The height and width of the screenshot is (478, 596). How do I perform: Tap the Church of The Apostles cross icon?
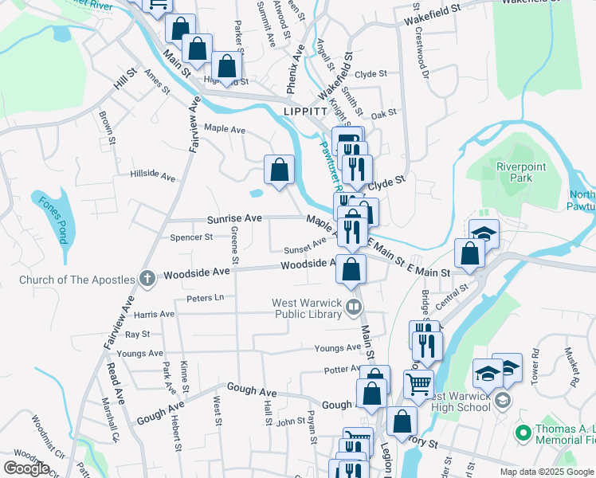point(146,278)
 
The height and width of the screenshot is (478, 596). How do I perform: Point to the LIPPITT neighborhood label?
point(303,112)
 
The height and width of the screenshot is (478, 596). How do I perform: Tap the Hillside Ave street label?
point(152,175)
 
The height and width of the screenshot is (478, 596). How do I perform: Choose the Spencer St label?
point(191,237)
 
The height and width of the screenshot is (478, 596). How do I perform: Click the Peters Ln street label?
point(205,298)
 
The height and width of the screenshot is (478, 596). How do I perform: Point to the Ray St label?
point(137,335)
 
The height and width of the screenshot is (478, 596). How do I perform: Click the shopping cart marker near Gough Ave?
point(418,384)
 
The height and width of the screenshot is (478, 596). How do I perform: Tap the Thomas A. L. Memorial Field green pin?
point(523,433)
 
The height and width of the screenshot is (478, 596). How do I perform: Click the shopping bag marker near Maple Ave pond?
point(279,169)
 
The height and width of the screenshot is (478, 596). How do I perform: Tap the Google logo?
point(26,468)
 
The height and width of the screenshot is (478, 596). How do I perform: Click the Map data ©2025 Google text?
point(547,472)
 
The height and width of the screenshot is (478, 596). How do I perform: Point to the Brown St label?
point(107,123)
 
